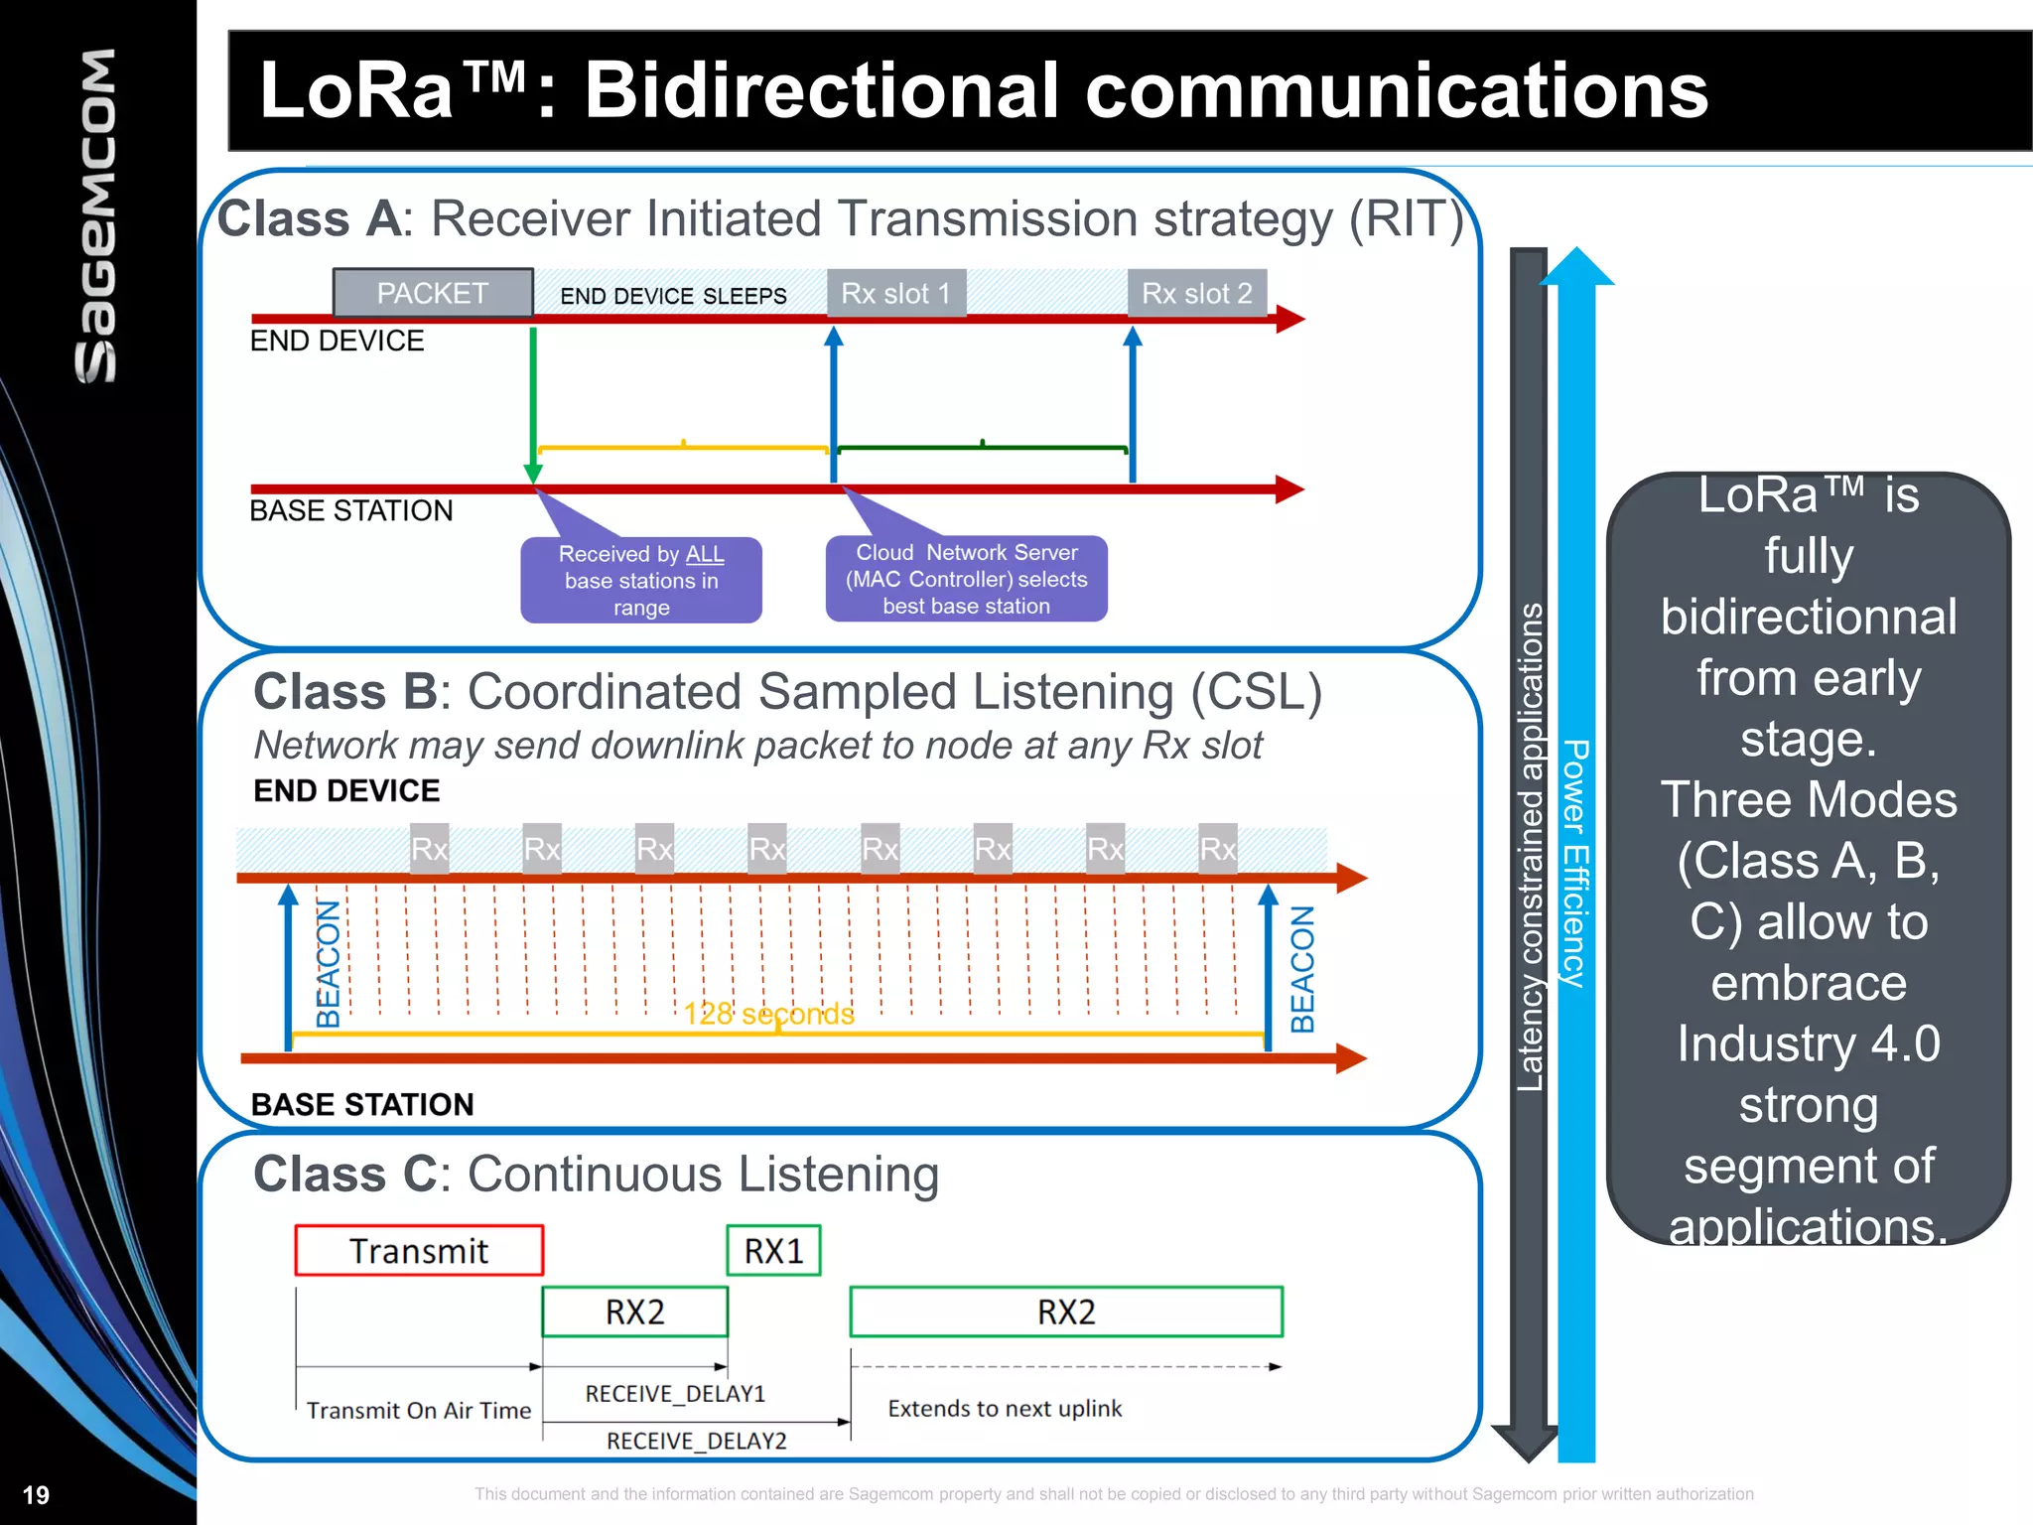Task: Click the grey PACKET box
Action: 433,293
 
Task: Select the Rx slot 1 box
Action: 895,293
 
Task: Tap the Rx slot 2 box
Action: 1196,293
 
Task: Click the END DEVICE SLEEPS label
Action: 673,296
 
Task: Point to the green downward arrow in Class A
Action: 533,402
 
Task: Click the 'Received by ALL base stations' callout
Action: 641,580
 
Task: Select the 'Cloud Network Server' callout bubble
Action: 966,579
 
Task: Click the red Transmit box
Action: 419,1250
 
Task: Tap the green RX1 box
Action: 773,1250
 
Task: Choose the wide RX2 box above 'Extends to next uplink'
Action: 1066,1312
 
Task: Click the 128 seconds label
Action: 768,1014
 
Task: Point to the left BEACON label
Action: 328,963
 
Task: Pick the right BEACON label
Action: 1301,969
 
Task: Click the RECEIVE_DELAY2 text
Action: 696,1441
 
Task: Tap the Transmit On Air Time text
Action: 419,1410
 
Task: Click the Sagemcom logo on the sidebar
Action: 97,215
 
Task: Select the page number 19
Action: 36,1494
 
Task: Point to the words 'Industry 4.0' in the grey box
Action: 1808,1043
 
